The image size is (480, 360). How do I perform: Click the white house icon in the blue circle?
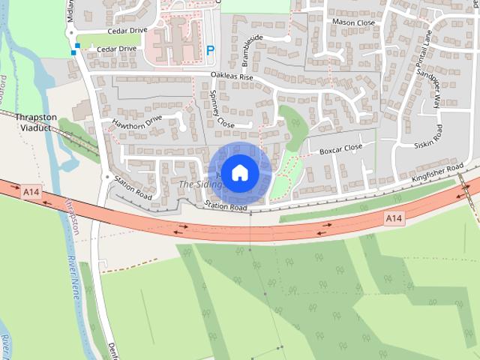tap(239, 172)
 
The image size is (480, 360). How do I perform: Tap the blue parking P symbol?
tap(210, 51)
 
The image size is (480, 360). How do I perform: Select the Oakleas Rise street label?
tap(232, 76)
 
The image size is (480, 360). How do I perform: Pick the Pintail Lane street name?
tap(424, 46)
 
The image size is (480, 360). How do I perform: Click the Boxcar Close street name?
tap(340, 149)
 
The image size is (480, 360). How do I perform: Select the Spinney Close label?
tap(223, 108)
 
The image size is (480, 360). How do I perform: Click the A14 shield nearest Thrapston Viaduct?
tap(31, 193)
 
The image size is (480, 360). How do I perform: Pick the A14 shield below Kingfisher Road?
tap(394, 218)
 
